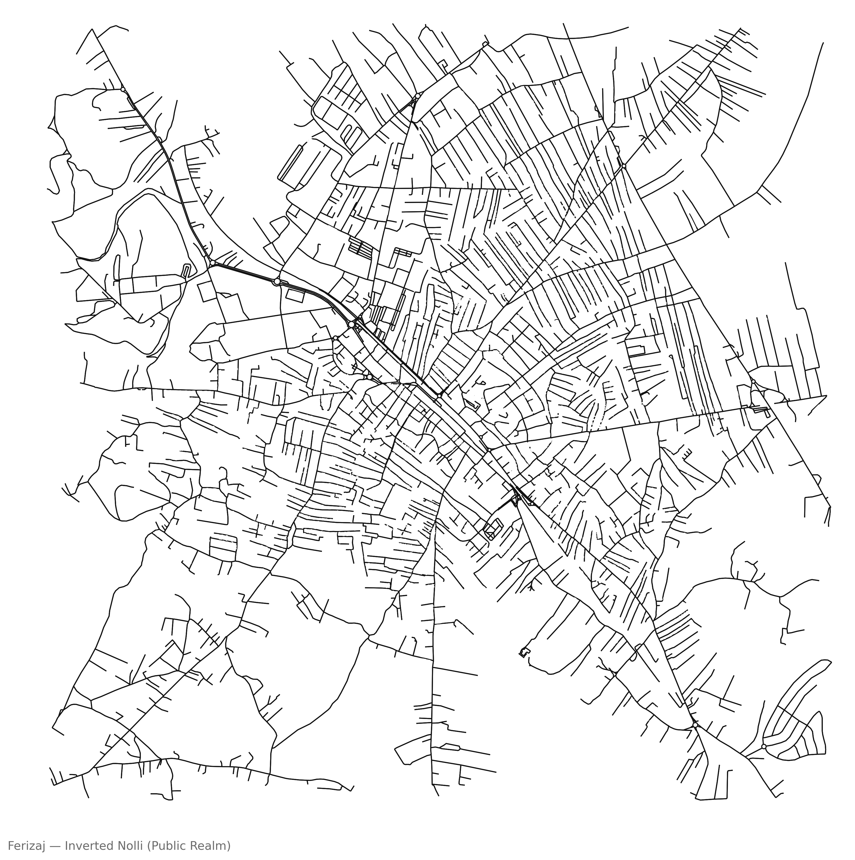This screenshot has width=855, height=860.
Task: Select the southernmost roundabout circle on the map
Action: click(764, 746)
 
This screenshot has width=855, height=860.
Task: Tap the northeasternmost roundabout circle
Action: click(624, 166)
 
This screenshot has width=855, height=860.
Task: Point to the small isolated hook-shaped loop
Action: click(524, 652)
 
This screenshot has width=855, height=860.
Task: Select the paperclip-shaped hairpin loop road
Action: click(187, 270)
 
